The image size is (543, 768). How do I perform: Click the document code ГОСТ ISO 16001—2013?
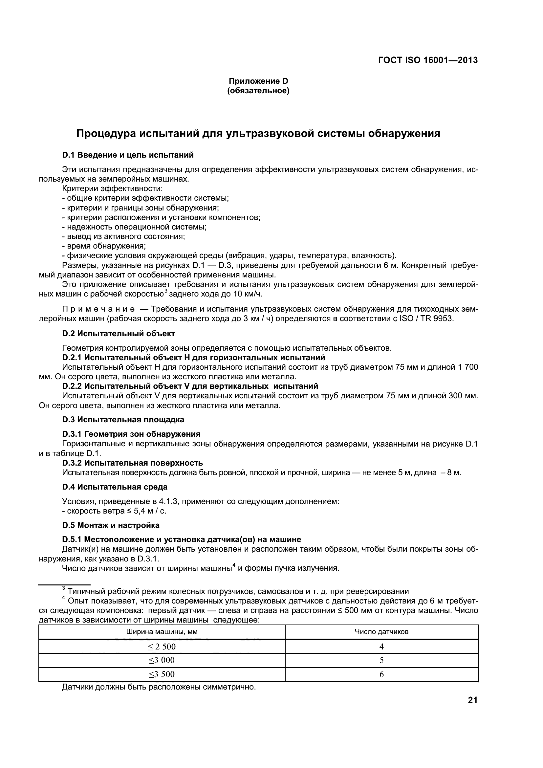pos(428,60)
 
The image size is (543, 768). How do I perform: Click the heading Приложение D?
pos(258,81)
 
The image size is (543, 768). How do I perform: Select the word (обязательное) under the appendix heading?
pos(258,91)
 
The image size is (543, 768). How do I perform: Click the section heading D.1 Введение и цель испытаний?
pos(128,155)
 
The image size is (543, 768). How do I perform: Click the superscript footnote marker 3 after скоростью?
pos(166,291)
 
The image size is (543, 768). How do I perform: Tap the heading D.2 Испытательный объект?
pos(119,334)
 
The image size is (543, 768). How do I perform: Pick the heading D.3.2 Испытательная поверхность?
pos(132,463)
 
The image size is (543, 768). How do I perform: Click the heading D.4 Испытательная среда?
pos(115,487)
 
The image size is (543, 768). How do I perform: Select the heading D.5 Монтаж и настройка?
pos(111,525)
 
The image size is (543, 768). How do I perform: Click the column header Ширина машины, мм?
pos(162,632)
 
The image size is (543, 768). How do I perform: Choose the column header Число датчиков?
pos(381,632)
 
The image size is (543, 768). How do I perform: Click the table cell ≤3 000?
pos(162,660)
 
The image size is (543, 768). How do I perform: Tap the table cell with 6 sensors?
pos(381,674)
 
